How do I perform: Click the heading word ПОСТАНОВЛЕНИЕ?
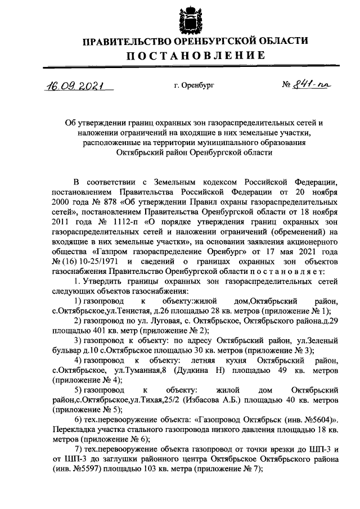[x=195, y=55]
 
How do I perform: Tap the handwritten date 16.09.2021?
[x=73, y=86]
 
